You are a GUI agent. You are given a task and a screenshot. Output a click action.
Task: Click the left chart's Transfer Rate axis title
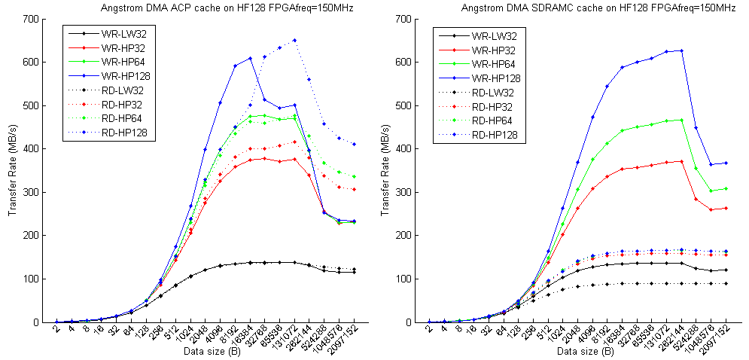(12, 170)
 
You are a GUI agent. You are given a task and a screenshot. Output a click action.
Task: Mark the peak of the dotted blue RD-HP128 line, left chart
(294, 40)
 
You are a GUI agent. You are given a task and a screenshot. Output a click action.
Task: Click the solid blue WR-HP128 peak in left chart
(250, 58)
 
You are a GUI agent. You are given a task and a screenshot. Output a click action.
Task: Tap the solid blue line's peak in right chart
(681, 50)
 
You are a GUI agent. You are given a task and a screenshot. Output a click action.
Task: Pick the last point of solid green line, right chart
(726, 188)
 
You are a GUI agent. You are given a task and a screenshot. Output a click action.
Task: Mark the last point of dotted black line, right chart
(726, 283)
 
